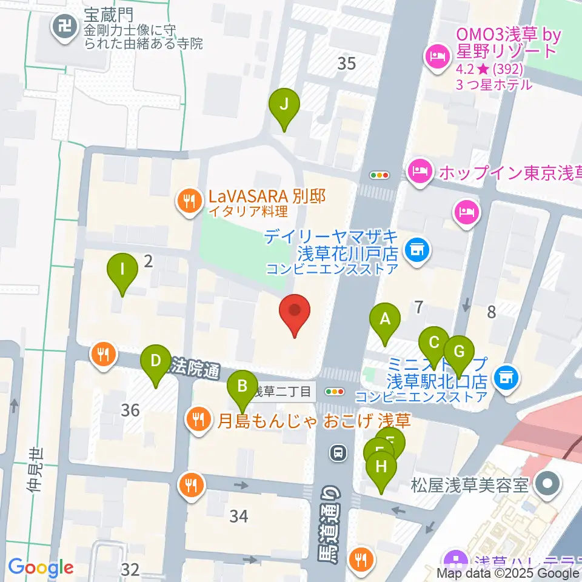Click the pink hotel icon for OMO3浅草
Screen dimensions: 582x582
click(436, 57)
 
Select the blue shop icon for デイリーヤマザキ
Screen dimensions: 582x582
click(416, 250)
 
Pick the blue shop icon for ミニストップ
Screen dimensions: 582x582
click(504, 378)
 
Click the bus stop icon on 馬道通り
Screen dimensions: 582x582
click(336, 452)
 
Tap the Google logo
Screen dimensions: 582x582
click(41, 568)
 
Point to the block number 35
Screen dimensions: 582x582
click(346, 63)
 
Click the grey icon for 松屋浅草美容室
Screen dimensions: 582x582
click(549, 484)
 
